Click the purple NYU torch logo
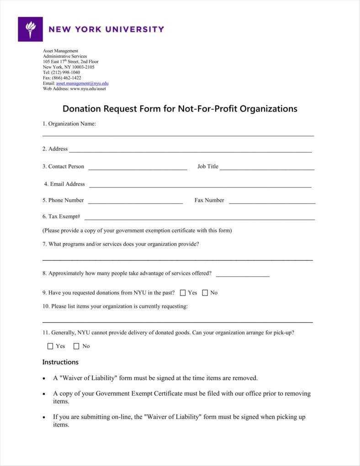click(30, 29)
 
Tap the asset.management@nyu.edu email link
click(82, 83)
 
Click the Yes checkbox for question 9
click(183, 293)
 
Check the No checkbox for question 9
click(205, 293)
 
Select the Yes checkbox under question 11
click(50, 346)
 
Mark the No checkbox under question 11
click(76, 346)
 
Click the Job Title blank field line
click(267, 169)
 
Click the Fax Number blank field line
click(272, 202)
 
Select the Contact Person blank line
click(138, 169)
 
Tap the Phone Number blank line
click(135, 202)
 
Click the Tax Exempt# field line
click(199, 219)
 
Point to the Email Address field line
click(200, 186)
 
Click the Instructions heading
click(60, 362)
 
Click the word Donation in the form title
click(81, 109)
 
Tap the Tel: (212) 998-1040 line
click(61, 72)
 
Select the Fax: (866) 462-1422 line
click(62, 78)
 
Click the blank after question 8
click(242, 275)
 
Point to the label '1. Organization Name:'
click(69, 123)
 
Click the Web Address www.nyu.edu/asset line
click(74, 89)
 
